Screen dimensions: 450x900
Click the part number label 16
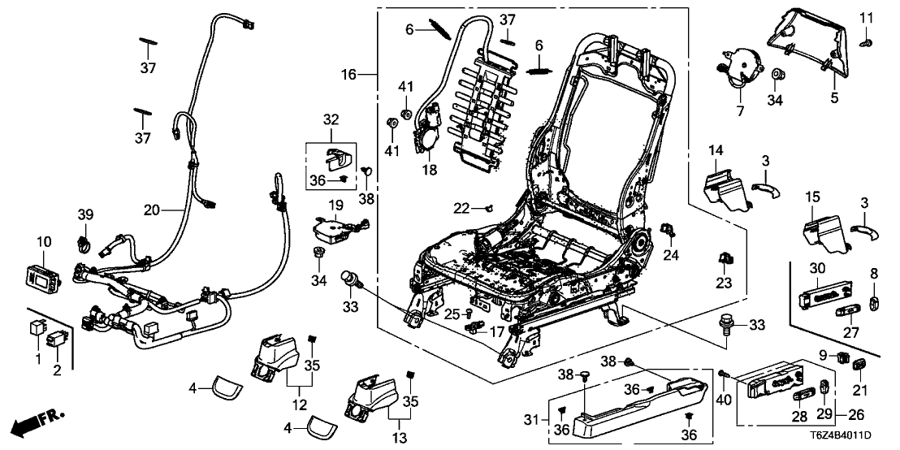click(348, 75)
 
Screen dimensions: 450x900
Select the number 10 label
click(44, 242)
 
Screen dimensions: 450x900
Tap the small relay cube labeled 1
click(37, 331)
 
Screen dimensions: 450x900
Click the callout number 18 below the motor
click(427, 171)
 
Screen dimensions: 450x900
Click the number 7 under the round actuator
click(740, 111)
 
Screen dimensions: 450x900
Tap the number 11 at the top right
click(866, 17)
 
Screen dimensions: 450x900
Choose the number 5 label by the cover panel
click(833, 99)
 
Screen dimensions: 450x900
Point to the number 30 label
click(816, 269)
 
